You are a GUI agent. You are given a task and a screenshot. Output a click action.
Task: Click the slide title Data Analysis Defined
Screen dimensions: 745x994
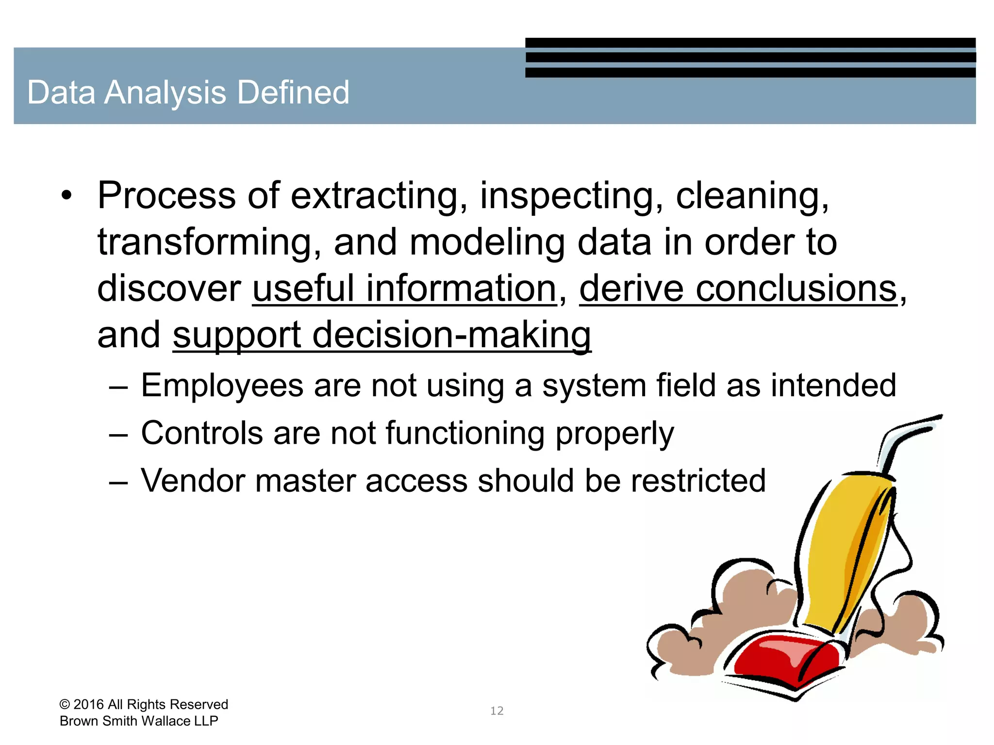click(x=188, y=92)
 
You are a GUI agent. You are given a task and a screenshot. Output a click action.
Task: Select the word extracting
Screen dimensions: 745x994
click(x=374, y=195)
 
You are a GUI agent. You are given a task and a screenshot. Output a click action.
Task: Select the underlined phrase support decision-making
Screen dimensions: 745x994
click(x=381, y=335)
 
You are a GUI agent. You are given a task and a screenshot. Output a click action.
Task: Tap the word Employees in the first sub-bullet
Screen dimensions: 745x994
click(x=221, y=386)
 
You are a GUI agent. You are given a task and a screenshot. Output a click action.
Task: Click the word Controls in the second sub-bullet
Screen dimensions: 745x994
click(x=201, y=433)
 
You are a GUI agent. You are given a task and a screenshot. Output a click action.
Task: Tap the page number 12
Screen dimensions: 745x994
click(x=497, y=711)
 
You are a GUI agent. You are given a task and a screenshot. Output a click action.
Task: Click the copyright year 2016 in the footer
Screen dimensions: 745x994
click(x=88, y=704)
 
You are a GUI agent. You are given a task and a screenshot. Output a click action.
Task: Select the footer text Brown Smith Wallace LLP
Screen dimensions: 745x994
click(x=139, y=721)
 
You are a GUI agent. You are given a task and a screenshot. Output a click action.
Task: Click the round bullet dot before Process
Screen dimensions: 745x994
click(x=66, y=196)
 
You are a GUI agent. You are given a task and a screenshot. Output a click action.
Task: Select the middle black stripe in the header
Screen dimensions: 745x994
click(x=750, y=57)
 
